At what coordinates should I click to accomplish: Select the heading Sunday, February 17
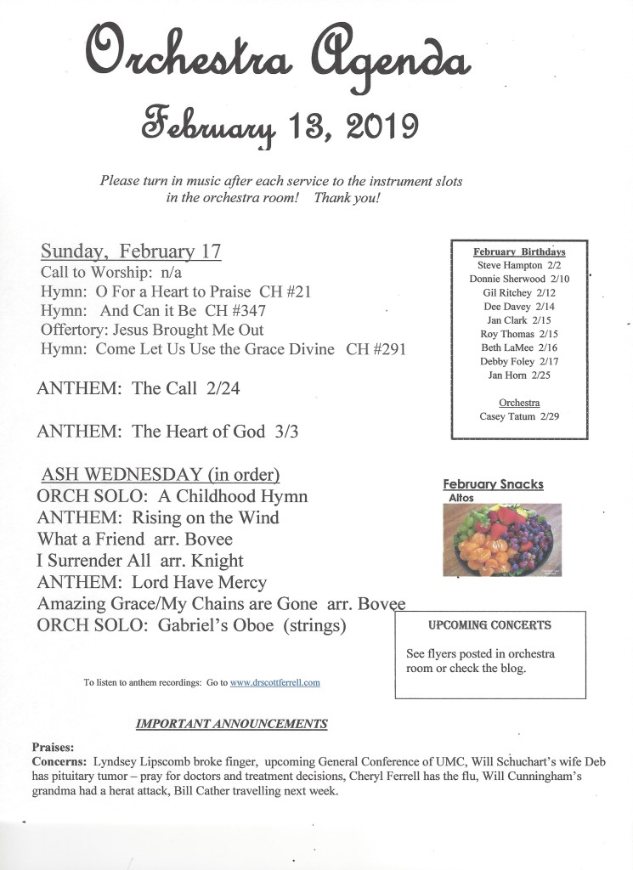click(x=131, y=251)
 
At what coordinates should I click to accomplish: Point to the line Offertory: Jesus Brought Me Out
click(x=152, y=330)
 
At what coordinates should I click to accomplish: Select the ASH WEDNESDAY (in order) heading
click(x=161, y=474)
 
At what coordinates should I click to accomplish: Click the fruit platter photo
click(x=502, y=540)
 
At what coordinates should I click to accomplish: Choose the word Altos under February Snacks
click(x=460, y=497)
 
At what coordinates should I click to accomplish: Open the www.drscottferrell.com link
click(x=274, y=682)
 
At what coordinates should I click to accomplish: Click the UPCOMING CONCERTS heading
click(x=489, y=625)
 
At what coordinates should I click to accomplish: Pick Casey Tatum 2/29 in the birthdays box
click(x=519, y=416)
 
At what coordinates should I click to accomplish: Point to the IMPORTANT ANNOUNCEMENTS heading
click(x=231, y=724)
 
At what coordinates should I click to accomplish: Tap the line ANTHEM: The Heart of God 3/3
click(x=167, y=432)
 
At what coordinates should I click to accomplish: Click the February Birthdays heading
click(x=519, y=251)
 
